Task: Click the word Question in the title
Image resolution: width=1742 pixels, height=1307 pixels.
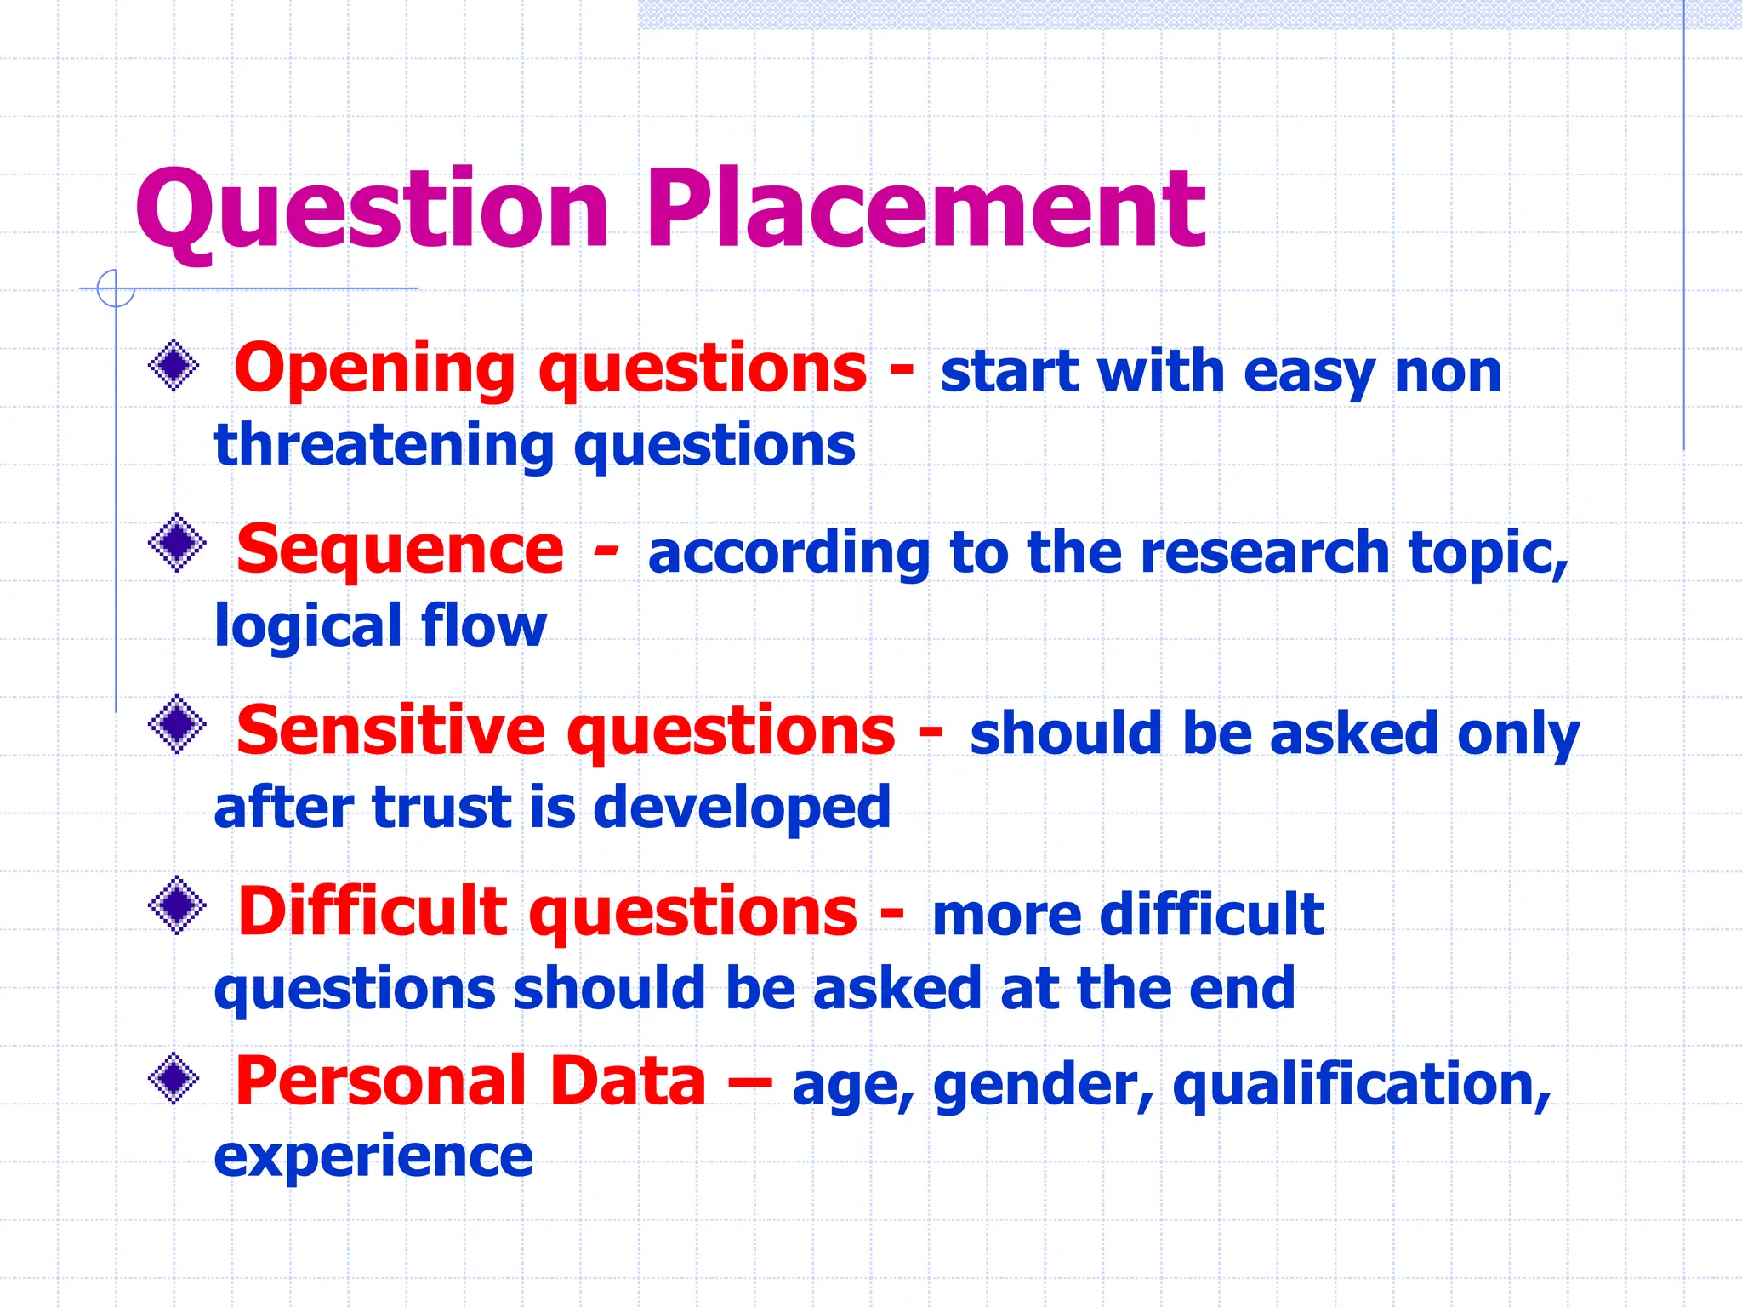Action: pyautogui.click(x=373, y=211)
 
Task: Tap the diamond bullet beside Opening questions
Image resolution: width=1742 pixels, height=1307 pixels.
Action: pyautogui.click(x=174, y=366)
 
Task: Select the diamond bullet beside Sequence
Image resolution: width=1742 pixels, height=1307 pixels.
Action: pyautogui.click(x=177, y=543)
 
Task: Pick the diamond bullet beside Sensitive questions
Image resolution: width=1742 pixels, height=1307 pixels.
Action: pyautogui.click(x=177, y=724)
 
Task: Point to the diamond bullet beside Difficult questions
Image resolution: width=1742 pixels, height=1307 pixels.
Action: pyautogui.click(x=177, y=905)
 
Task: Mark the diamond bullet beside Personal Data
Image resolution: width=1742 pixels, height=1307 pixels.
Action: pyautogui.click(x=174, y=1079)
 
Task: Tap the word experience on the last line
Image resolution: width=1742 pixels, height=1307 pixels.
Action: pyautogui.click(x=373, y=1157)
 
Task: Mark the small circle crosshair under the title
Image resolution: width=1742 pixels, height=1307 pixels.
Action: pyautogui.click(x=116, y=288)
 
